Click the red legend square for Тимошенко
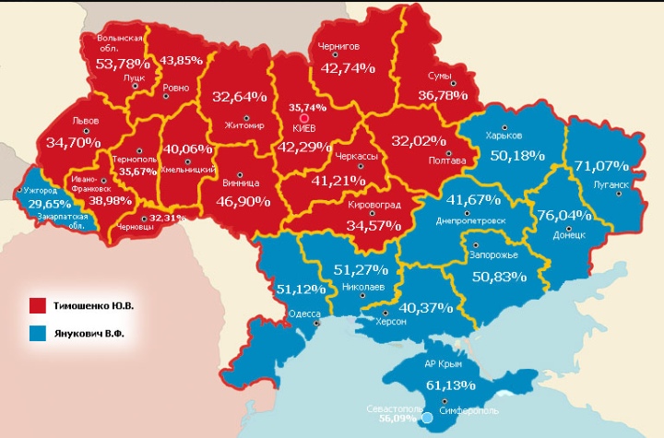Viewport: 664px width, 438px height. click(x=38, y=304)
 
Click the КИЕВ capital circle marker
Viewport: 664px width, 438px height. click(x=303, y=117)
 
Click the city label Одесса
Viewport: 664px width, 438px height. click(x=303, y=314)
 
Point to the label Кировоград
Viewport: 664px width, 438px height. click(x=373, y=205)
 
